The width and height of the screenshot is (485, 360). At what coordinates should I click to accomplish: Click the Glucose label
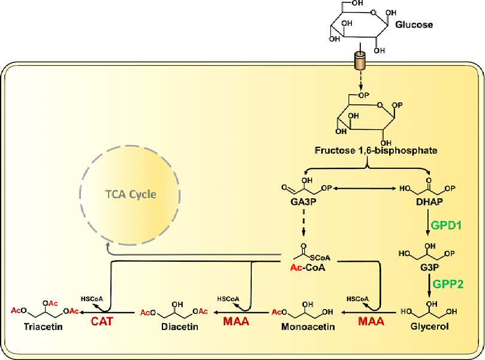[x=414, y=25]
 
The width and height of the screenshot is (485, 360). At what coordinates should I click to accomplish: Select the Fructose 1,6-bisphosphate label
[x=376, y=150]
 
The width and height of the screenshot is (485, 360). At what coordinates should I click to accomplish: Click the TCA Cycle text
[x=131, y=195]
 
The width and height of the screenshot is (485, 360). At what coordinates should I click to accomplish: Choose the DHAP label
[x=429, y=202]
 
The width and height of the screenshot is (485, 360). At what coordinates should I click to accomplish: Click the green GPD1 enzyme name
[x=446, y=226]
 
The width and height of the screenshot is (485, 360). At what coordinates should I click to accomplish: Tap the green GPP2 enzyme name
[x=448, y=284]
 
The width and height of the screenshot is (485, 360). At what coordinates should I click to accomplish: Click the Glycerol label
[x=430, y=326]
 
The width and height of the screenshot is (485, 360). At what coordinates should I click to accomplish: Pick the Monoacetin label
[x=308, y=326]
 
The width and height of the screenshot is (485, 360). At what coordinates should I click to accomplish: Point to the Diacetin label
[x=180, y=326]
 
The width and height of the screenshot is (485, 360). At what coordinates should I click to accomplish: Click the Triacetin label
[x=43, y=326]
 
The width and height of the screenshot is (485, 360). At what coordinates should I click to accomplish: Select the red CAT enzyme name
[x=102, y=322]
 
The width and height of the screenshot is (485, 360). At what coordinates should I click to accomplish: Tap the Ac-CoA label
[x=308, y=267]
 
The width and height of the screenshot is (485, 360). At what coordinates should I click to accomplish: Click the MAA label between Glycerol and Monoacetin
[x=371, y=322]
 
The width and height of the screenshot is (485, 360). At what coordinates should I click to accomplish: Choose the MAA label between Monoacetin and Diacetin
[x=236, y=322]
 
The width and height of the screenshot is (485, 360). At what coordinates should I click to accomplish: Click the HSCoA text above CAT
[x=92, y=299]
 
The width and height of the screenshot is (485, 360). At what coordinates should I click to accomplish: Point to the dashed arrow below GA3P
[x=304, y=223]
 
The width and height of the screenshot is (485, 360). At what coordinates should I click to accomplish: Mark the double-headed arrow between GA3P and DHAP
[x=363, y=188]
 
